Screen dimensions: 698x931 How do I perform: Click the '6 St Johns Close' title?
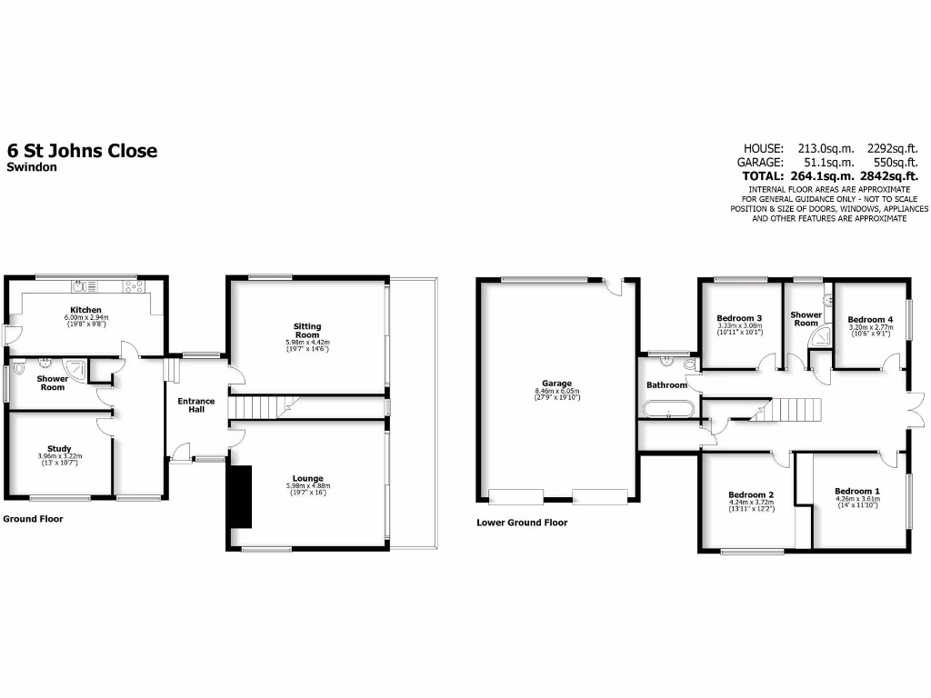(x=82, y=151)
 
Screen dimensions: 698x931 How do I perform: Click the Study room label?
(x=60, y=448)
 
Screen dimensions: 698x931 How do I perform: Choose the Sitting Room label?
(x=307, y=331)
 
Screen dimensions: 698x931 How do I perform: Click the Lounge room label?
(x=307, y=478)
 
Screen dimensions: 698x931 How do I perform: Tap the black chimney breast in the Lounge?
(x=239, y=496)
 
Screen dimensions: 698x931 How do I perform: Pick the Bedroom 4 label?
(x=870, y=320)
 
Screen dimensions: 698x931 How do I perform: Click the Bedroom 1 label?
(x=856, y=492)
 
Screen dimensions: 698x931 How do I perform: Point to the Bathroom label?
(x=666, y=385)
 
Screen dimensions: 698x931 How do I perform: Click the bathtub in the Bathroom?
(x=669, y=409)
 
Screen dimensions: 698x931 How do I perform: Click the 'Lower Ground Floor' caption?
(x=522, y=523)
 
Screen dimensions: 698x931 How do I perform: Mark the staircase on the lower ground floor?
(x=787, y=409)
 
